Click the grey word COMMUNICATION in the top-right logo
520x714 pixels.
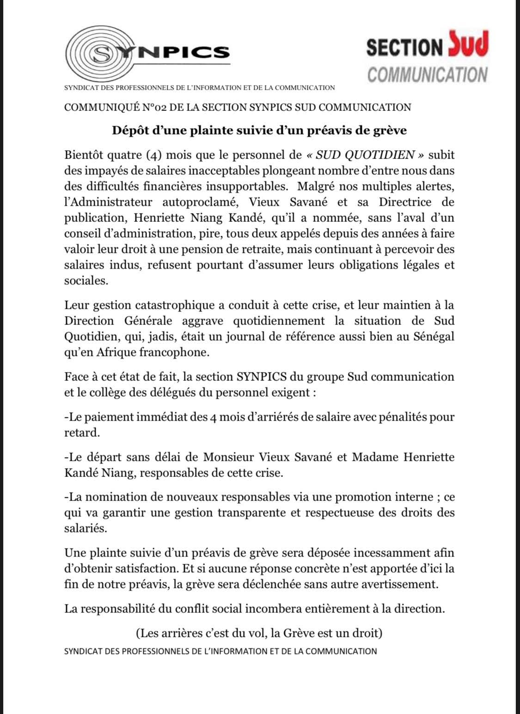coord(427,74)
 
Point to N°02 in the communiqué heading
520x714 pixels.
coord(154,108)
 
